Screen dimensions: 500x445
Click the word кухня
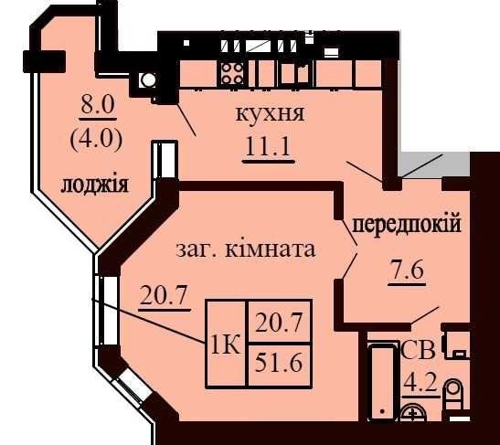(271, 114)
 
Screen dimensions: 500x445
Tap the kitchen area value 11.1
(268, 147)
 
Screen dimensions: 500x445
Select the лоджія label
(95, 185)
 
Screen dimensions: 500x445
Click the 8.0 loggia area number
(98, 104)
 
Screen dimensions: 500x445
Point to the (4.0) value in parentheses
(96, 140)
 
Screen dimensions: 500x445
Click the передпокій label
(407, 225)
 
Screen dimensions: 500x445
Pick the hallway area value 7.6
(406, 270)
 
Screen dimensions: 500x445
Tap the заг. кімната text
(246, 249)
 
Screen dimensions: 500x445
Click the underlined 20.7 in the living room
(163, 295)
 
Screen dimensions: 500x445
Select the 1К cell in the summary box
(226, 345)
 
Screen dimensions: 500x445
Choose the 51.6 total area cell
(279, 364)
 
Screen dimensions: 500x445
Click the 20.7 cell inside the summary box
(279, 323)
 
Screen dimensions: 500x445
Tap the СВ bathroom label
(418, 350)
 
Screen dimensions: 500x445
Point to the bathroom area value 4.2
(420, 383)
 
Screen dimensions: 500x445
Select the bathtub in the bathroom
(381, 383)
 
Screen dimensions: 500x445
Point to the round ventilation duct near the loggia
(148, 79)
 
